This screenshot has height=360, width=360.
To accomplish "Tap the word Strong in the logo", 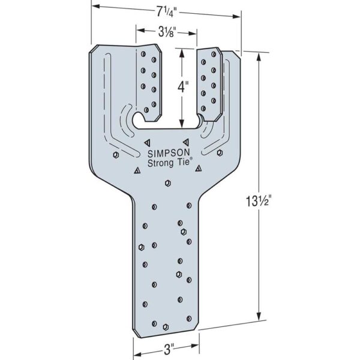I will pos(160,161).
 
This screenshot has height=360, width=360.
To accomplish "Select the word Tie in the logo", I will pos(181,161).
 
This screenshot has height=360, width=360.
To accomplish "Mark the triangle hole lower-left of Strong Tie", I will pos(137,171).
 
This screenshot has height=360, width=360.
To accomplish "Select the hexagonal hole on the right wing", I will pos(220,153).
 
